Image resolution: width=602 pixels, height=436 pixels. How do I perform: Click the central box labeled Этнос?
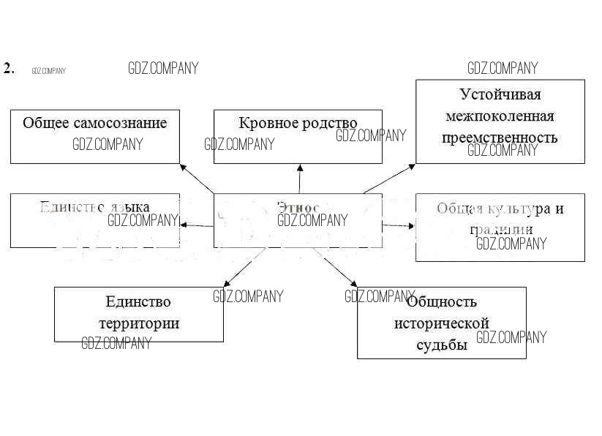pyautogui.click(x=298, y=219)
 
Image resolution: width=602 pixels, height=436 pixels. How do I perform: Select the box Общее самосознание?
pyautogui.click(x=94, y=136)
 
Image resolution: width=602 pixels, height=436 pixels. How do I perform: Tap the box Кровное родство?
pyautogui.click(x=298, y=136)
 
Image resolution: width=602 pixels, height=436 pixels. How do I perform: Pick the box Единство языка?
pyautogui.click(x=94, y=220)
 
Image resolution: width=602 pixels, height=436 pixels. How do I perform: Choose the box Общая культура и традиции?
pyautogui.click(x=500, y=227)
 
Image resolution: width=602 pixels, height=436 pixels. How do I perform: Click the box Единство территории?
pyautogui.click(x=138, y=314)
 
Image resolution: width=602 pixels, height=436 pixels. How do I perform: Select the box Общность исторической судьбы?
pyautogui.click(x=441, y=323)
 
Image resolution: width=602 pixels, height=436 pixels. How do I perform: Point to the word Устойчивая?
pyautogui.click(x=500, y=94)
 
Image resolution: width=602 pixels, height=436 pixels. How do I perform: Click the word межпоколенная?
pyautogui.click(x=500, y=116)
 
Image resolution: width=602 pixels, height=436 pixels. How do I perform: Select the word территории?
pyautogui.click(x=138, y=323)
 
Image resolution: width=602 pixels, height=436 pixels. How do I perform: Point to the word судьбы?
pyautogui.click(x=441, y=345)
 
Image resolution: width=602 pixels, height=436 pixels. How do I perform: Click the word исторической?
pyautogui.click(x=441, y=323)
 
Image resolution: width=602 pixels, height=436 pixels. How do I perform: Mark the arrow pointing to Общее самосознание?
pyautogui.click(x=197, y=178)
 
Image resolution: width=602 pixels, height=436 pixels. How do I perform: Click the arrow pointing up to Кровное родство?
pyautogui.click(x=299, y=178)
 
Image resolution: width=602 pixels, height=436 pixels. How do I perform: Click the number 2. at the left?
pyautogui.click(x=9, y=69)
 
